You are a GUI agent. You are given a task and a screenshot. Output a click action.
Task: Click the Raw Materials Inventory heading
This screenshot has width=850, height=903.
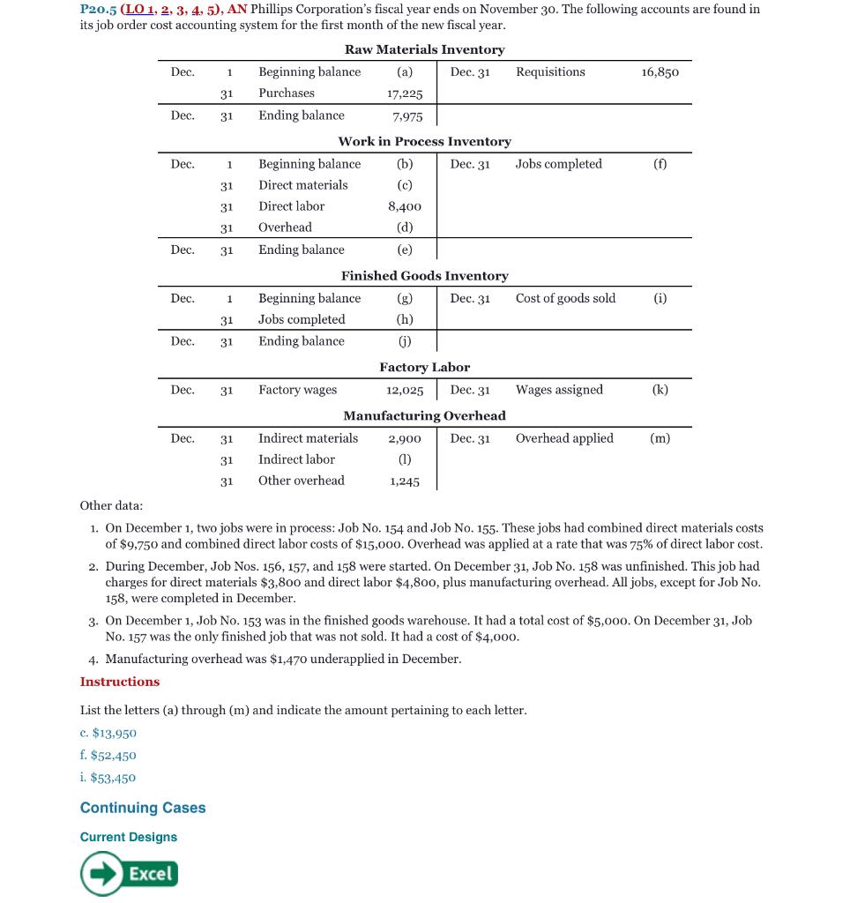424,49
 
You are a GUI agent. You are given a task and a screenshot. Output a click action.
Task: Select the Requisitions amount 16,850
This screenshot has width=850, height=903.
660,72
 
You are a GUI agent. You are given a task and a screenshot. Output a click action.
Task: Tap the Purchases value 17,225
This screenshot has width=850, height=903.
405,93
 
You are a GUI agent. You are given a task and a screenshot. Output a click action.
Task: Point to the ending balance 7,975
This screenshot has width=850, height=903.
407,116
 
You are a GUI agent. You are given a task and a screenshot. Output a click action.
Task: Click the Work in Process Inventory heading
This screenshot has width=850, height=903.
424,141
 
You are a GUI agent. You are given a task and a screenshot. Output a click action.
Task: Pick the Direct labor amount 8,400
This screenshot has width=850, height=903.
405,206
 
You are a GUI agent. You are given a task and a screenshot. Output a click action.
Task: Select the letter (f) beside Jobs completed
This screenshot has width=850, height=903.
660,164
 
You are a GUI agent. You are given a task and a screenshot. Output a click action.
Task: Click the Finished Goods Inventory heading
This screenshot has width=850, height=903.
424,276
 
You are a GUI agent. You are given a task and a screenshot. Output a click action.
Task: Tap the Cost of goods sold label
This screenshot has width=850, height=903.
565,298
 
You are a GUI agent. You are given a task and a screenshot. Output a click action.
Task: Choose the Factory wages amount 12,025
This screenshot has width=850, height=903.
405,390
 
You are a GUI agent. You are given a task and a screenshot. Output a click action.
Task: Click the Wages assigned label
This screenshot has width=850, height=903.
559,390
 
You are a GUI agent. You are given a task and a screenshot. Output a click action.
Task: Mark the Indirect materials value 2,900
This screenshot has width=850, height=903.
405,438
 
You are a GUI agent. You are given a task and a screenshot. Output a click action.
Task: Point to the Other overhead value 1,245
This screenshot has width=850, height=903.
405,481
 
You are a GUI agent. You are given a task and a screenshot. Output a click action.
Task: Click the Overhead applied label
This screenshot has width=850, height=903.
564,438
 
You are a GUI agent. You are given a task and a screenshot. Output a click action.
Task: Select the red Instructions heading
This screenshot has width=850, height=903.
120,682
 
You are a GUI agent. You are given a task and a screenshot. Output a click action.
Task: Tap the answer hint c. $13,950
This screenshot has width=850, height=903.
108,733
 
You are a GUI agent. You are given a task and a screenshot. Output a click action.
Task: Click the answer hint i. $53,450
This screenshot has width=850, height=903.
108,778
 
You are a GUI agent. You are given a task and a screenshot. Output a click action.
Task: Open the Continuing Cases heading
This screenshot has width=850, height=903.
143,808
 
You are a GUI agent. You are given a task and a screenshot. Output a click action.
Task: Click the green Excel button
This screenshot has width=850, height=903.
130,873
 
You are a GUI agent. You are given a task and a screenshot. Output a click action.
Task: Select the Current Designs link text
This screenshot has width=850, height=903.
129,837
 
